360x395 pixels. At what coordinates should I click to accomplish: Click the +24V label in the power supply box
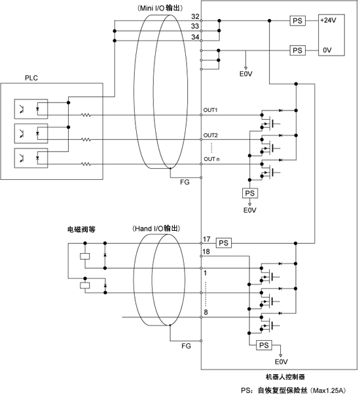tap(328, 20)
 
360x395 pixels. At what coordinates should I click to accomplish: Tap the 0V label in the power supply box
tap(327, 50)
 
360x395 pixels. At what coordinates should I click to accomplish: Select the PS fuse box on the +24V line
tap(297, 21)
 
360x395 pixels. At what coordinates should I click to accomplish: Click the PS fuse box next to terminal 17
tap(224, 243)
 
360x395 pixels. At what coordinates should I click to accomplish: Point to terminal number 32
tap(195, 16)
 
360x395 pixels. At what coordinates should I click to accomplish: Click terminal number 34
tap(195, 37)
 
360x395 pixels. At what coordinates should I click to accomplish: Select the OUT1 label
tap(210, 110)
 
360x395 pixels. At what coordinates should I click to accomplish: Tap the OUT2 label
tap(211, 135)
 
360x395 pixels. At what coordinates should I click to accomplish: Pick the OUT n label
tap(211, 159)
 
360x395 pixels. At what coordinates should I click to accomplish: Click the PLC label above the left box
tap(31, 78)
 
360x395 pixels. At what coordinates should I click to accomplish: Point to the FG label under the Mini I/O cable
tap(185, 182)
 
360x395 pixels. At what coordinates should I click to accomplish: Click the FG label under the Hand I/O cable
tap(186, 346)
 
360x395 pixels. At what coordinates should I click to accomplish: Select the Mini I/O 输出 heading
tap(160, 8)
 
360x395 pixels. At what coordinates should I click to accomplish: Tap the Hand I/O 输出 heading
tap(156, 228)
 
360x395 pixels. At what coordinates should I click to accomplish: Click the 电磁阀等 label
tap(81, 230)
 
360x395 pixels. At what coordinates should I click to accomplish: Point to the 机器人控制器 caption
tap(285, 377)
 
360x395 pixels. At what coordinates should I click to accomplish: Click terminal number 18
tap(206, 251)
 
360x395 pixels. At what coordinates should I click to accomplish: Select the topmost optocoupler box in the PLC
tap(31, 109)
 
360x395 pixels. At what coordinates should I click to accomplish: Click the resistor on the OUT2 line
tap(86, 139)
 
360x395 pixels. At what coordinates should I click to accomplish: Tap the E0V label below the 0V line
tap(246, 74)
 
